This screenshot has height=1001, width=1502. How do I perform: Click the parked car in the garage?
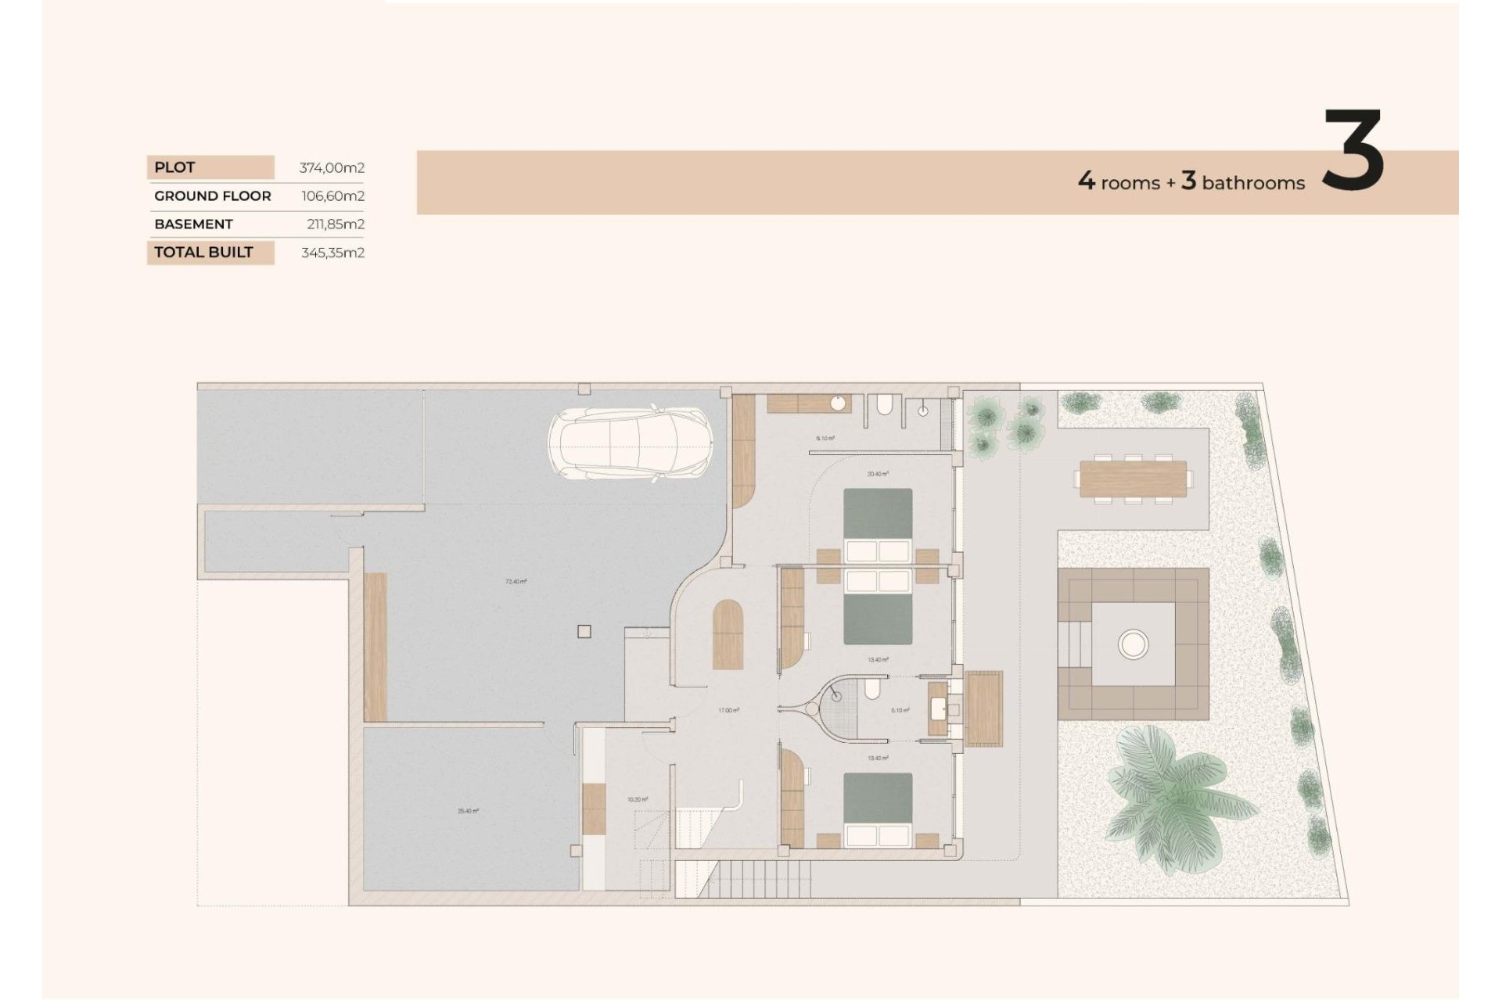click(x=631, y=443)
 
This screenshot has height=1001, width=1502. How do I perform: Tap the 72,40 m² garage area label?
click(x=516, y=582)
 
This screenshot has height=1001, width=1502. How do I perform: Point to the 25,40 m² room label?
click(x=468, y=811)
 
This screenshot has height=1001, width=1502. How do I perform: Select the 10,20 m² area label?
click(x=638, y=799)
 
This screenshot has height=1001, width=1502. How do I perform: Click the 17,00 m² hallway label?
click(x=728, y=710)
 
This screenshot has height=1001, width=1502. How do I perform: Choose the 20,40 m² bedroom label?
click(x=878, y=474)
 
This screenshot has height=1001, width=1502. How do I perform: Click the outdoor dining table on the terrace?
click(x=1133, y=478)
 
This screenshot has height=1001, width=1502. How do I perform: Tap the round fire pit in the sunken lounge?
click(x=1133, y=644)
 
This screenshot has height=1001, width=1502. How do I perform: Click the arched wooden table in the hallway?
click(x=728, y=635)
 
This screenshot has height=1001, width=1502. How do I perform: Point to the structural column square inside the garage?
click(x=584, y=632)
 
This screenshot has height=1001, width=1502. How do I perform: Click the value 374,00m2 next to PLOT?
click(x=332, y=167)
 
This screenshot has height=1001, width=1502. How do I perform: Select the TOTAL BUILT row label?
click(x=203, y=252)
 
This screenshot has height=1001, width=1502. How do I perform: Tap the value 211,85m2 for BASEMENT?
click(x=336, y=224)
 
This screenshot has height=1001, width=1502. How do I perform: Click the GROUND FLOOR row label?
click(x=213, y=196)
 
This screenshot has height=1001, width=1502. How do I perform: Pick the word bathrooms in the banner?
click(x=1253, y=183)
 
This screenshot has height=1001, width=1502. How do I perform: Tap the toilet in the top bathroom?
click(x=884, y=404)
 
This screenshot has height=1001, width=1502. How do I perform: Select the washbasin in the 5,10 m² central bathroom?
click(x=938, y=709)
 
